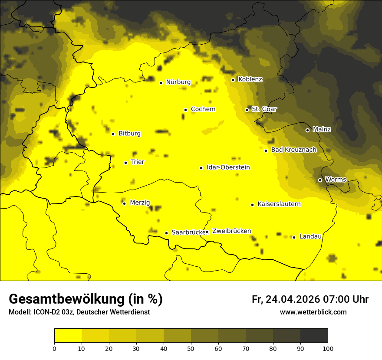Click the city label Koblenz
[250, 79]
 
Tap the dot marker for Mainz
[307, 130]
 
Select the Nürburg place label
[178, 82]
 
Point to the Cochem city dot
[185, 110]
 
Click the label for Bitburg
[129, 134]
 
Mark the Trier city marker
[125, 163]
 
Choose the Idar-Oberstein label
[228, 167]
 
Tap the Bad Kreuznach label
[293, 150]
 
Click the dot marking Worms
[320, 180]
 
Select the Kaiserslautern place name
[279, 204]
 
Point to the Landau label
[310, 236]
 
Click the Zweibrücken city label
[231, 231]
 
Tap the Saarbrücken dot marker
[166, 233]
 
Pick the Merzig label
[140, 203]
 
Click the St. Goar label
[264, 109]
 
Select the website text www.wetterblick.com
[313, 312]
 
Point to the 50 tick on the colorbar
[191, 348]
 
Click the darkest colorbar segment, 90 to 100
[314, 335]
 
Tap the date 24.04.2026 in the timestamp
[293, 299]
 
